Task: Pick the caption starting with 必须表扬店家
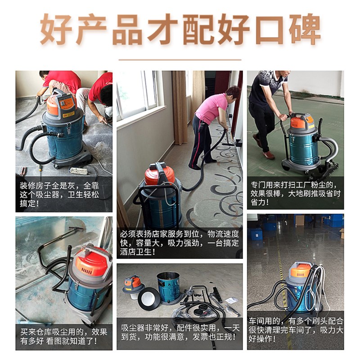pyautogui.click(x=180, y=243)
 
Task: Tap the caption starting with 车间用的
pyautogui.click(x=295, y=331)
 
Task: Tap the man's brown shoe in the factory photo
pyautogui.click(x=269, y=155)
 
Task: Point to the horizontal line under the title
pyautogui.click(x=180, y=59)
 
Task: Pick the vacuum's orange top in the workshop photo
pyautogui.click(x=301, y=270)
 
